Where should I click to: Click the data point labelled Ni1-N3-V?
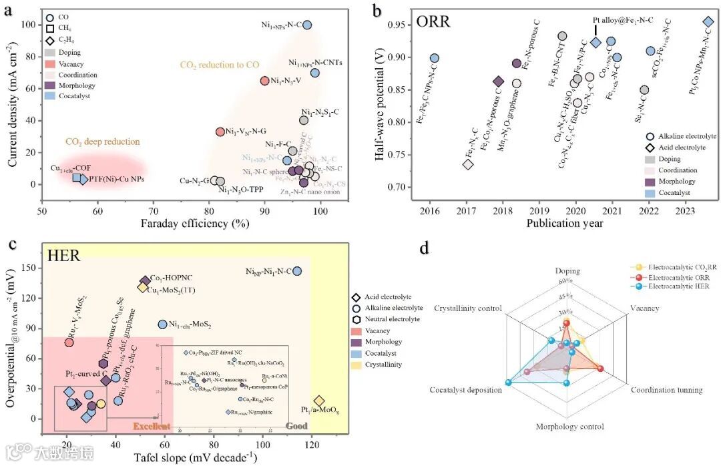(264, 81)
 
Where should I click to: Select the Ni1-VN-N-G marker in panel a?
(220, 132)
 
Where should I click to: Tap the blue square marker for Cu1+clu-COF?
(77, 178)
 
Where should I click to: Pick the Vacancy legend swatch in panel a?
(50, 63)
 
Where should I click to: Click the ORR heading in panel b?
(434, 21)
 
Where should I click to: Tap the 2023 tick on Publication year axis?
(686, 212)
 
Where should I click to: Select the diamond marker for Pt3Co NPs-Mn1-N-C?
(708, 22)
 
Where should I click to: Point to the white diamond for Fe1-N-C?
(468, 164)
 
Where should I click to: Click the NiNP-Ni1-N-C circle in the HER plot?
(297, 271)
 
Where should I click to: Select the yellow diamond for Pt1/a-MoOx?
(319, 401)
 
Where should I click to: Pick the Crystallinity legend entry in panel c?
(384, 365)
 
